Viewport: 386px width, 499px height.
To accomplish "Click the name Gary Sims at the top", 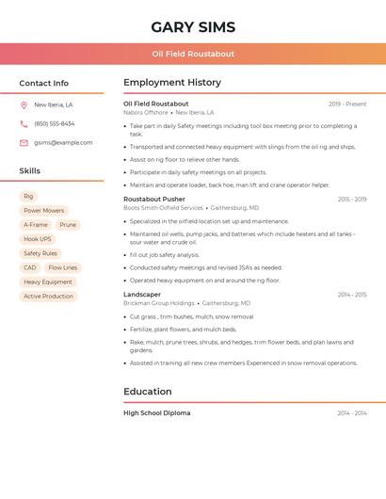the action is coord(193,27).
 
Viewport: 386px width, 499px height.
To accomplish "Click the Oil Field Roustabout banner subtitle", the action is coord(193,54).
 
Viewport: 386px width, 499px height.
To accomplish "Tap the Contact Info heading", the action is coord(43,83).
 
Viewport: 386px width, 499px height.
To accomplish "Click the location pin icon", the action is coord(24,105).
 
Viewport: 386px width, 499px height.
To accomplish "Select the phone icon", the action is coord(24,124).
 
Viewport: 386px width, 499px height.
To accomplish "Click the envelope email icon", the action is coord(24,143).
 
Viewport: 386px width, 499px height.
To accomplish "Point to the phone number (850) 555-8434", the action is coord(55,124).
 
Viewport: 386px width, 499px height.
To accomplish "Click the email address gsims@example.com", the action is coord(63,143).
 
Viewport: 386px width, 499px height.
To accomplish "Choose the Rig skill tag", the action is coord(28,197).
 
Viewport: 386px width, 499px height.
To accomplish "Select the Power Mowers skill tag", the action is coord(43,211).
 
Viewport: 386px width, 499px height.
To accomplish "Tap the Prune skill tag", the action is coord(68,225).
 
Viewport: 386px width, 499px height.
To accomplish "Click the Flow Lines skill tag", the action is coord(63,267).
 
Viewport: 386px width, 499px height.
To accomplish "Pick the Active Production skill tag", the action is coord(48,296).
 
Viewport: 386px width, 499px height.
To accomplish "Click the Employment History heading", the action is coord(172,83).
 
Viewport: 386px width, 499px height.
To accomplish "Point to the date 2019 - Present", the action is coord(347,104).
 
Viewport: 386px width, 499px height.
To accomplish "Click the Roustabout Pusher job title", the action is coord(154,200).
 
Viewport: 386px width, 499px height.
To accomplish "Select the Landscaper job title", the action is coord(142,295).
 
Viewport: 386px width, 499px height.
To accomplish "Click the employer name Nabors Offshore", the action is coord(146,112).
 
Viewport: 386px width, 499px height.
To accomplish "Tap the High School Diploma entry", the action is coord(156,413).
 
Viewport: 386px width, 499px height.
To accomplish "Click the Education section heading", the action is coord(148,392).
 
